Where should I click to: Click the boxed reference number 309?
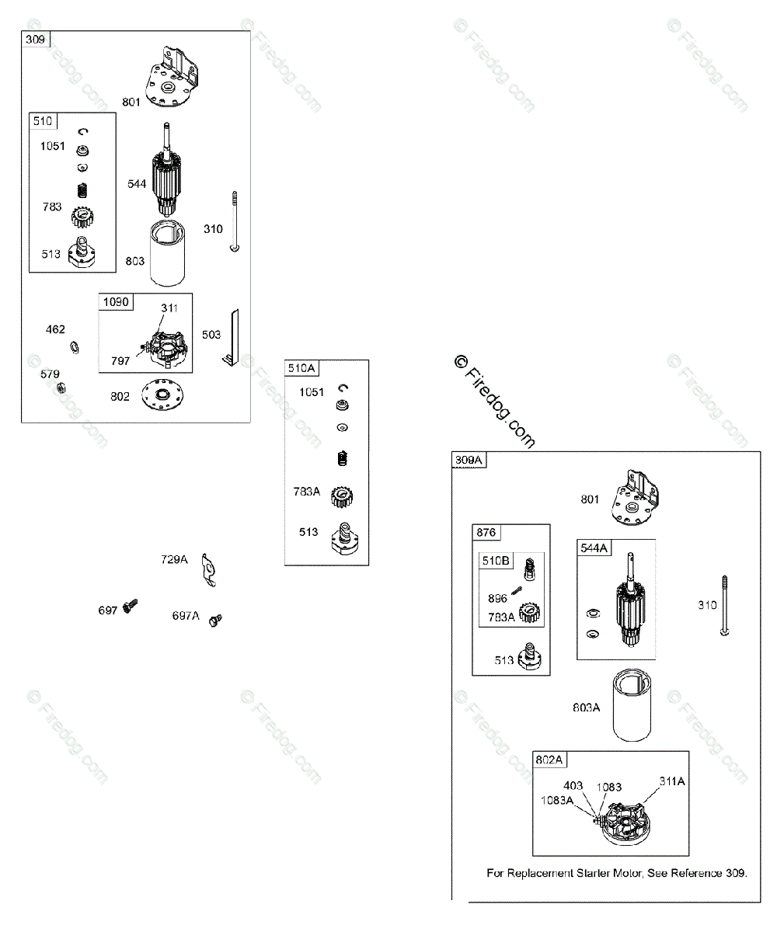[35, 39]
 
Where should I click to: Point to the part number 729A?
[175, 559]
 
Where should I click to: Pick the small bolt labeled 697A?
[215, 619]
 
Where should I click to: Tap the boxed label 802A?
[550, 760]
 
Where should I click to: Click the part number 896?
[498, 599]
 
